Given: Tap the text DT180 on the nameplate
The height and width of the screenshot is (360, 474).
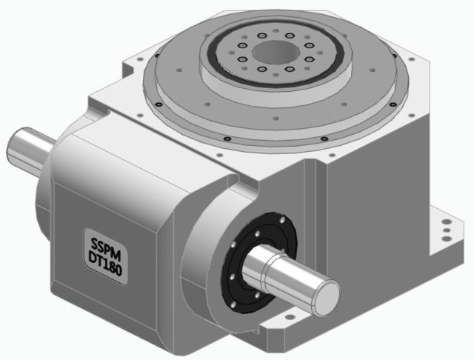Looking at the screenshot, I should (103, 258).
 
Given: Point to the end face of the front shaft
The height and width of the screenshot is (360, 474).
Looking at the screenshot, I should (323, 291).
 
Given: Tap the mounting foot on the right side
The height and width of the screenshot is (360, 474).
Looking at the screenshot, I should (445, 238).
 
